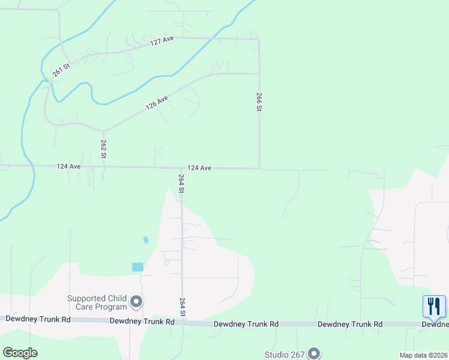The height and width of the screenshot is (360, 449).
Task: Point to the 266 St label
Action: pos(259,101)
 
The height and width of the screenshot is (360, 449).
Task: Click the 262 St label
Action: pos(104,148)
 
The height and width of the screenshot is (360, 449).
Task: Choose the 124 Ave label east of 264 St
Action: pos(199,168)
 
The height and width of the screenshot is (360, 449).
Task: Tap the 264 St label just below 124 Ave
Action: pos(181,183)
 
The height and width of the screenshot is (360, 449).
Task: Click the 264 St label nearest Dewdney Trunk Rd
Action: pos(182,306)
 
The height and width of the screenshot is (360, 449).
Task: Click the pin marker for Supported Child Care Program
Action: pos(137,302)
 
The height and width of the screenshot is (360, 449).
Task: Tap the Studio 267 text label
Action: pos(285,354)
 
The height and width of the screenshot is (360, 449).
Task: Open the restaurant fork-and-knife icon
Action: pos(434,307)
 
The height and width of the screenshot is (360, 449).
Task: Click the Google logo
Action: pos(20,353)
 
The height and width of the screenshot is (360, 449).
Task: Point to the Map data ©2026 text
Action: pos(424,355)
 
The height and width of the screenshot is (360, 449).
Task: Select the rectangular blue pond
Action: pos(138,267)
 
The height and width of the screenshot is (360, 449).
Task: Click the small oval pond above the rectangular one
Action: pos(146,241)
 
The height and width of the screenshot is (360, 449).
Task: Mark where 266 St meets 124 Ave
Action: pos(259,169)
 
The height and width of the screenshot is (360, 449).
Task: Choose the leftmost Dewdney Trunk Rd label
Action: pos(38,319)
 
